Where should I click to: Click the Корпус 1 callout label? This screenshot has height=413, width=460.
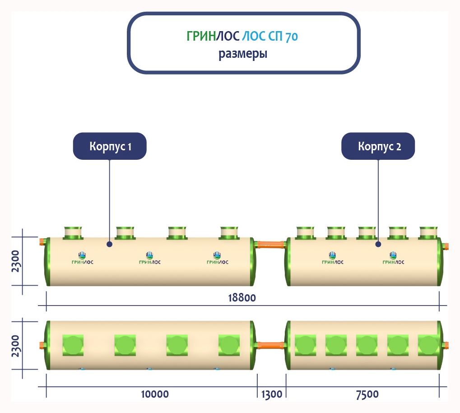110,146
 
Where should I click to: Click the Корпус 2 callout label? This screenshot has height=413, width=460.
378,146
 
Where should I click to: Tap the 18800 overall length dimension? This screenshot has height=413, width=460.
243,298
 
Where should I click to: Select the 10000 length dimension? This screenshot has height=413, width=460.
154,394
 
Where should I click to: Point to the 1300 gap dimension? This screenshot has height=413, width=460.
271,394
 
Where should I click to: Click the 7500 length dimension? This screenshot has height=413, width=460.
367,394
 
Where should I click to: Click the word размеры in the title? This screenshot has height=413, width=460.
243,55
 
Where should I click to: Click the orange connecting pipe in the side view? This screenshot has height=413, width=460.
271,245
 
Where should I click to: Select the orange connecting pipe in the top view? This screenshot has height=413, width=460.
271,345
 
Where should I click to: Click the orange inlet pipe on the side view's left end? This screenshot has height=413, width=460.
42,241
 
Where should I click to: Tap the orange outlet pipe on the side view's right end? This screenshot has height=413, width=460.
445,246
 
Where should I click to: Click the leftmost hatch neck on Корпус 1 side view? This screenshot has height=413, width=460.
72,232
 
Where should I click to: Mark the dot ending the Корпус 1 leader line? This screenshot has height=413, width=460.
110,244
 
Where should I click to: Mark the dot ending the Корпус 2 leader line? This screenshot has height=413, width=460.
378,244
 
